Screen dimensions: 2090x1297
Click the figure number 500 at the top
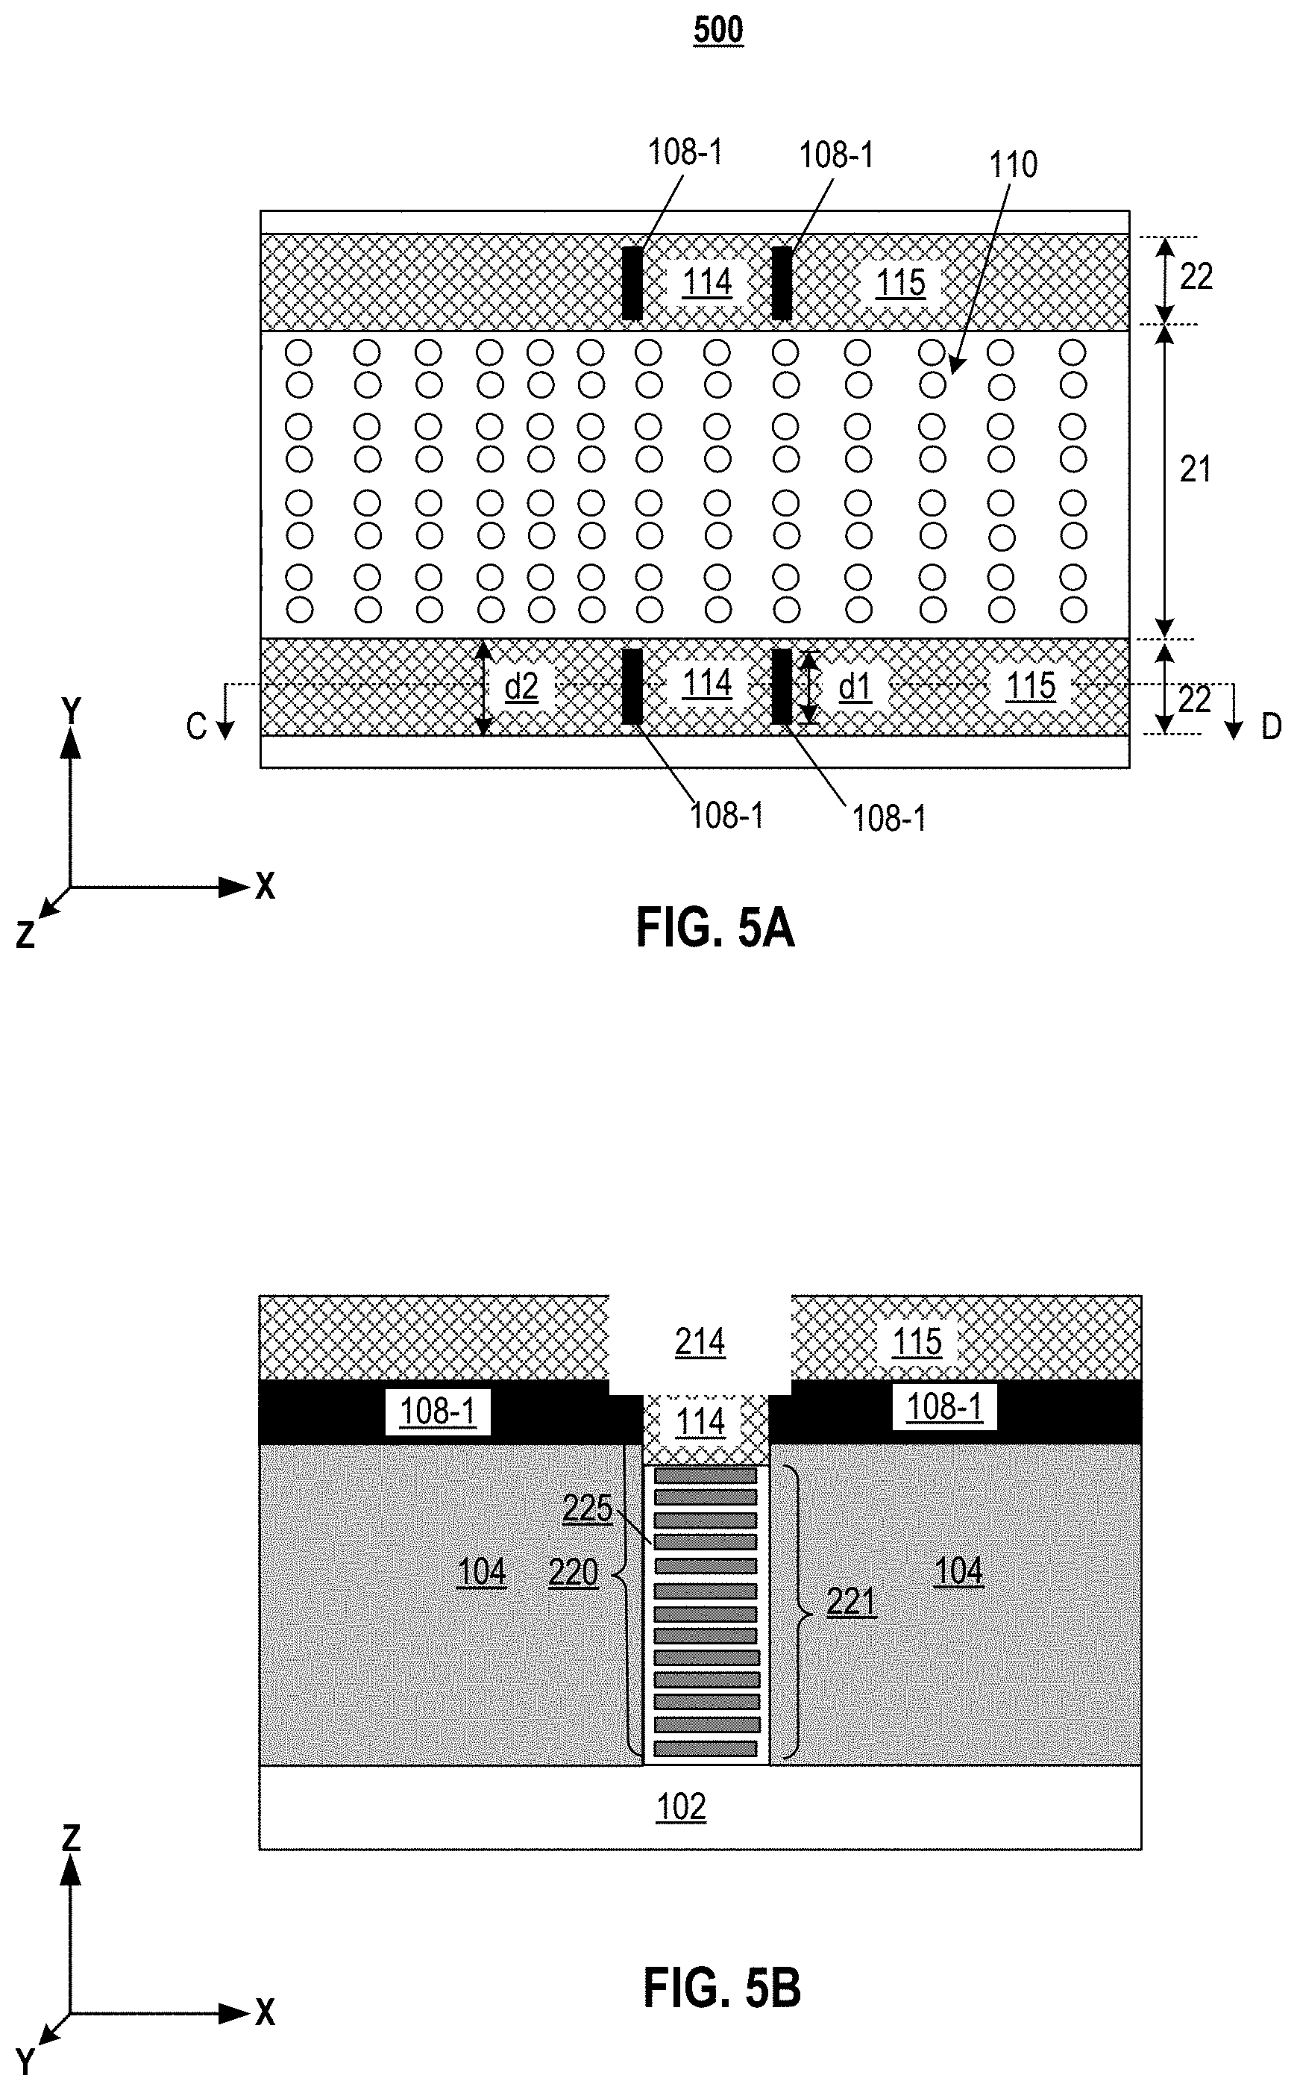(718, 31)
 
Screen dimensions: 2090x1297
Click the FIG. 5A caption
(715, 929)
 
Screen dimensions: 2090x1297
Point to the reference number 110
(1013, 165)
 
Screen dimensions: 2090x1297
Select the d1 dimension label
(855, 687)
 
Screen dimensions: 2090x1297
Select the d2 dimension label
(521, 687)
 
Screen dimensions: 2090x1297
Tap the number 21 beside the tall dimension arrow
(1195, 470)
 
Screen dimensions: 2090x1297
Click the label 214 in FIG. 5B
(700, 1341)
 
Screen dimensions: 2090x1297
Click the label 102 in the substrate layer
(681, 1807)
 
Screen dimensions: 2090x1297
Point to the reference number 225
(588, 1508)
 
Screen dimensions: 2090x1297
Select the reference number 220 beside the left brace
(573, 1573)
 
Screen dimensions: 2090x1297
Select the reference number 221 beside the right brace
(851, 1602)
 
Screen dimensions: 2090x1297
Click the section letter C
(196, 727)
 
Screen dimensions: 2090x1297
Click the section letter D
(1271, 727)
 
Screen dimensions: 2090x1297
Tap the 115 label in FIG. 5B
(917, 1341)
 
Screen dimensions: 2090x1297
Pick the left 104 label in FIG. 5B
(481, 1571)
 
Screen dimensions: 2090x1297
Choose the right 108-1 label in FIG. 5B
(944, 1407)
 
